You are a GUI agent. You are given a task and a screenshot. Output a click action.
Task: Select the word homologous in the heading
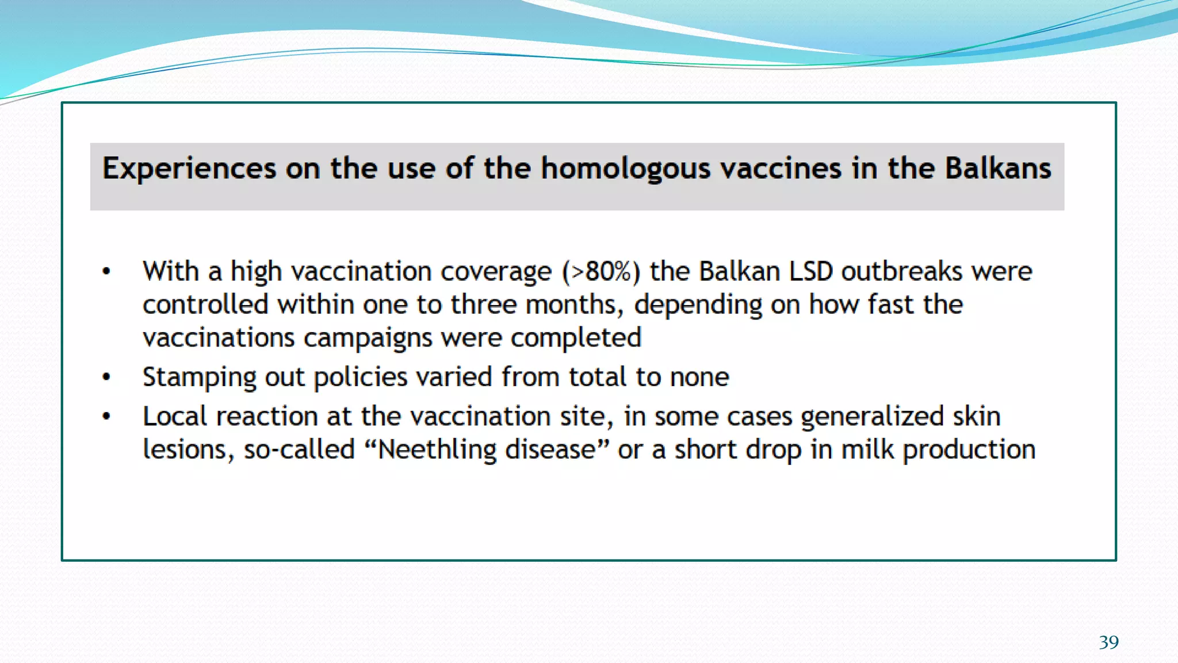point(626,169)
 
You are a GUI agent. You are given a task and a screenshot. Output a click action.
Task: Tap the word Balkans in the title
point(998,169)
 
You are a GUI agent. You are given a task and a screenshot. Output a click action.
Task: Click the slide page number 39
point(1108,642)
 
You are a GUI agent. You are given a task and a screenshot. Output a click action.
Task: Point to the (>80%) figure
point(601,272)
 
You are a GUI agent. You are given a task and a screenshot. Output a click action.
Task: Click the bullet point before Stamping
point(106,378)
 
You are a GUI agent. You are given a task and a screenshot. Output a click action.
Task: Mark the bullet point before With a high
point(106,272)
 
